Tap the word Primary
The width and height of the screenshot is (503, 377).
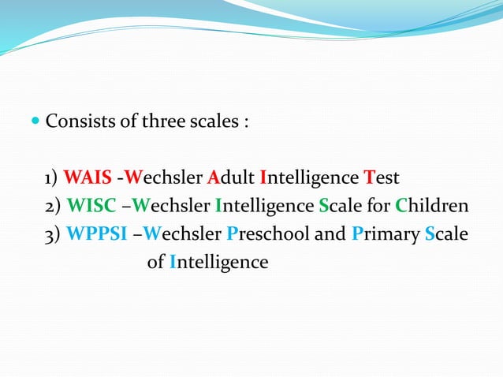click(x=386, y=234)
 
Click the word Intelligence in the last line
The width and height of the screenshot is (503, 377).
click(x=218, y=263)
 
